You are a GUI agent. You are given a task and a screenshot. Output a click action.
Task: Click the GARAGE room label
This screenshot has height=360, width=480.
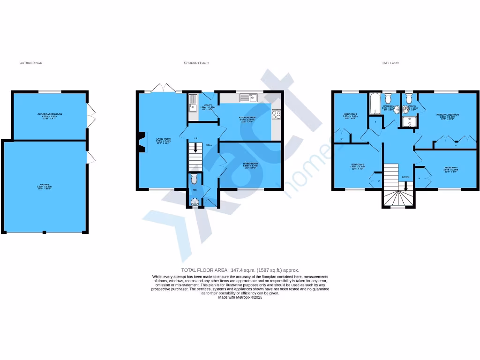click(43, 186)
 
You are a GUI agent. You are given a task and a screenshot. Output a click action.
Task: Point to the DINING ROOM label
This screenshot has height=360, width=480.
click(250, 165)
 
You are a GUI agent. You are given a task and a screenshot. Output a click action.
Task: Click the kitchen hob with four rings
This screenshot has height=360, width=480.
click(276, 113)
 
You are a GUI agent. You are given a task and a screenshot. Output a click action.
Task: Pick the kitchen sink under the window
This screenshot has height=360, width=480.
click(249, 97)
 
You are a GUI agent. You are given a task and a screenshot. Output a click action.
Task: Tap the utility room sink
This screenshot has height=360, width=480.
click(193, 107)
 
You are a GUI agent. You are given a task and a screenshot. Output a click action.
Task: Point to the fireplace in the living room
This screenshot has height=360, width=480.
click(140, 143)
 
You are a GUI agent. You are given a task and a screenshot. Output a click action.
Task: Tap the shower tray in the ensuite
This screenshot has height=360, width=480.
click(410, 121)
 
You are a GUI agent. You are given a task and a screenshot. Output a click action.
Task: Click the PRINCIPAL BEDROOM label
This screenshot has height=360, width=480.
click(448, 115)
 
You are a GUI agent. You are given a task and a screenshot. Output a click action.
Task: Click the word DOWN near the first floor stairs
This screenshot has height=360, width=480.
click(406, 177)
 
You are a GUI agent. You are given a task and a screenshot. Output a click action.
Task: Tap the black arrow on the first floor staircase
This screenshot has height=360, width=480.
click(406, 186)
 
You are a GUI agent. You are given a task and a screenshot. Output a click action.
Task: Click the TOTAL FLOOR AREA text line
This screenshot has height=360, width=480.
click(240, 270)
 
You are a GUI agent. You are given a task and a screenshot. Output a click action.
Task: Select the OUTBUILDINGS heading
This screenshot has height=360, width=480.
click(30, 63)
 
